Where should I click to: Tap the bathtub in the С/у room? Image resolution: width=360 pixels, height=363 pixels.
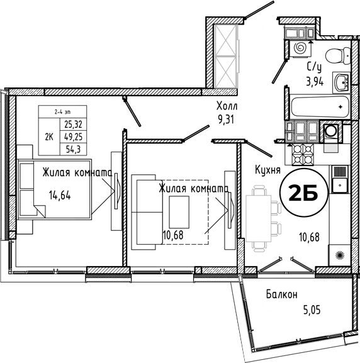click(320, 107)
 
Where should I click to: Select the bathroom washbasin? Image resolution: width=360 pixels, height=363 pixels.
click(342, 82)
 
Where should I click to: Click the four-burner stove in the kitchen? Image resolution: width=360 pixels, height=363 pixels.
click(303, 154)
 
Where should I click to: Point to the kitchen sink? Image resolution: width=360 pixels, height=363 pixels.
click(340, 179)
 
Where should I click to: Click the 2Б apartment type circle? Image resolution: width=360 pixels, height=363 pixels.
click(304, 193)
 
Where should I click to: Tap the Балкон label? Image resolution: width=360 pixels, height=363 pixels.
click(281, 294)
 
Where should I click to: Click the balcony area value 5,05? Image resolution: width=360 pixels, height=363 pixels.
click(312, 310)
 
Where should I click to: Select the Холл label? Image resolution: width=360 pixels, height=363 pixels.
click(227, 106)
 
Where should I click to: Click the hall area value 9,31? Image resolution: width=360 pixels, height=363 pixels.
click(226, 120)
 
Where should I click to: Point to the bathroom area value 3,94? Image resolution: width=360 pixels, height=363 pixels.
click(315, 82)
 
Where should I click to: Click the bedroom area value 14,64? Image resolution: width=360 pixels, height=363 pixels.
click(60, 196)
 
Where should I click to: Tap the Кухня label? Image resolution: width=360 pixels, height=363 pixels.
click(267, 170)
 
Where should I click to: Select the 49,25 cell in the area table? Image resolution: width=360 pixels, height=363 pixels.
click(73, 137)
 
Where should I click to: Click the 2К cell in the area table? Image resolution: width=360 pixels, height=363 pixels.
click(49, 137)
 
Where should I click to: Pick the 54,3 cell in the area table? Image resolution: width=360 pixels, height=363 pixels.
click(73, 149)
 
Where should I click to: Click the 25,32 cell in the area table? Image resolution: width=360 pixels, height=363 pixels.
click(73, 125)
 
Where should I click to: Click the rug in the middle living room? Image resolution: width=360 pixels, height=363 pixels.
click(179, 212)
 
